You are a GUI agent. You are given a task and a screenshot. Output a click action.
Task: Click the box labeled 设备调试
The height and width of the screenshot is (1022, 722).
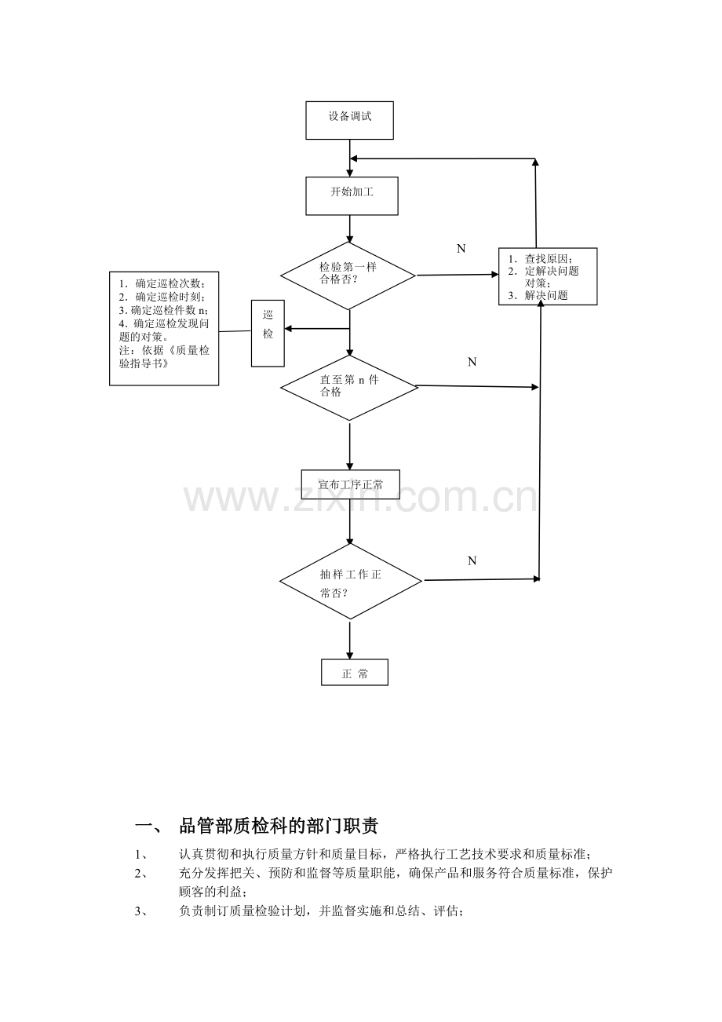tap(349, 120)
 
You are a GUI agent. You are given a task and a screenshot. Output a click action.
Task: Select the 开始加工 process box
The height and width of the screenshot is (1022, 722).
tap(352, 196)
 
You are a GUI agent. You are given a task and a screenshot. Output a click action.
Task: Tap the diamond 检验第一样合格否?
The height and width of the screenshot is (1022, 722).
tap(348, 276)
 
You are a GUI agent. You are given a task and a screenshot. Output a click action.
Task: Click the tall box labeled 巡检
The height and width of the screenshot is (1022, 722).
tap(268, 333)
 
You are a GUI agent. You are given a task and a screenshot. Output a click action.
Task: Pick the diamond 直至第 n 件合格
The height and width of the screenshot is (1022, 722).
tap(349, 388)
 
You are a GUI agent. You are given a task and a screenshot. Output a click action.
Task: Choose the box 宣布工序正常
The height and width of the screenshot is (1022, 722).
tap(350, 484)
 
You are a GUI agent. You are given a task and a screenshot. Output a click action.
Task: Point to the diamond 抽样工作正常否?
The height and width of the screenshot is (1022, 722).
tap(351, 581)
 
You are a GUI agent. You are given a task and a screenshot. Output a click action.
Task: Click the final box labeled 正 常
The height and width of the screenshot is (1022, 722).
tap(355, 672)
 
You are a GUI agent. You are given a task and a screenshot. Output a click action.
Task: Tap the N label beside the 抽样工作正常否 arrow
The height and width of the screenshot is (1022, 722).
tap(472, 560)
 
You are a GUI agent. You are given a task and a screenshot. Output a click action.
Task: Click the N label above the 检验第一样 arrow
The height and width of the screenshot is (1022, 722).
tap(461, 249)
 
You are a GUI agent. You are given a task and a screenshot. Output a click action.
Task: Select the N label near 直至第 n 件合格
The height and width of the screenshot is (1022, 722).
tap(472, 362)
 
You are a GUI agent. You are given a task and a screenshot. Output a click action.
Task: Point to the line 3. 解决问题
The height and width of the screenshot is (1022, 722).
tap(538, 295)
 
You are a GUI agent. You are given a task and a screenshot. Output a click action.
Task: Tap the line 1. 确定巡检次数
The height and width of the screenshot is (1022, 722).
tap(162, 284)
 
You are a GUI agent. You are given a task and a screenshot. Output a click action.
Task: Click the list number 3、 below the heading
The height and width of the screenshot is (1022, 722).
tap(141, 911)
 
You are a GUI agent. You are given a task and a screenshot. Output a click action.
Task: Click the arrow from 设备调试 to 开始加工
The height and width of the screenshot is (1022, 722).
tap(350, 158)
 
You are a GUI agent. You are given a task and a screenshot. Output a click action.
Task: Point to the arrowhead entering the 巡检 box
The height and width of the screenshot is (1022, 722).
tap(288, 328)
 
